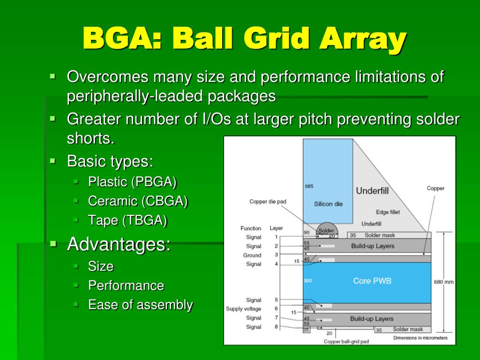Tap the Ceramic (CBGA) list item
[138, 201]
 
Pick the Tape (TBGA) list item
[127, 220]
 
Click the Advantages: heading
[119, 244]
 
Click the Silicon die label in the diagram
[328, 203]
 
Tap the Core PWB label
[372, 281]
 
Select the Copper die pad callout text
[268, 202]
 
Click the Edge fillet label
[388, 212]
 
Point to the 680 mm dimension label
[443, 282]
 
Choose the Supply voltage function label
[243, 309]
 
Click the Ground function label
[252, 255]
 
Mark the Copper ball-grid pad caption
[346, 341]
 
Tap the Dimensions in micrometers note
[420, 337]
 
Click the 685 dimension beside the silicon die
[309, 186]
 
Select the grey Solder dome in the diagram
[326, 230]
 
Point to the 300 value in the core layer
[307, 281]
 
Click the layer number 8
[276, 327]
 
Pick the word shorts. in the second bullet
[91, 139]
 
